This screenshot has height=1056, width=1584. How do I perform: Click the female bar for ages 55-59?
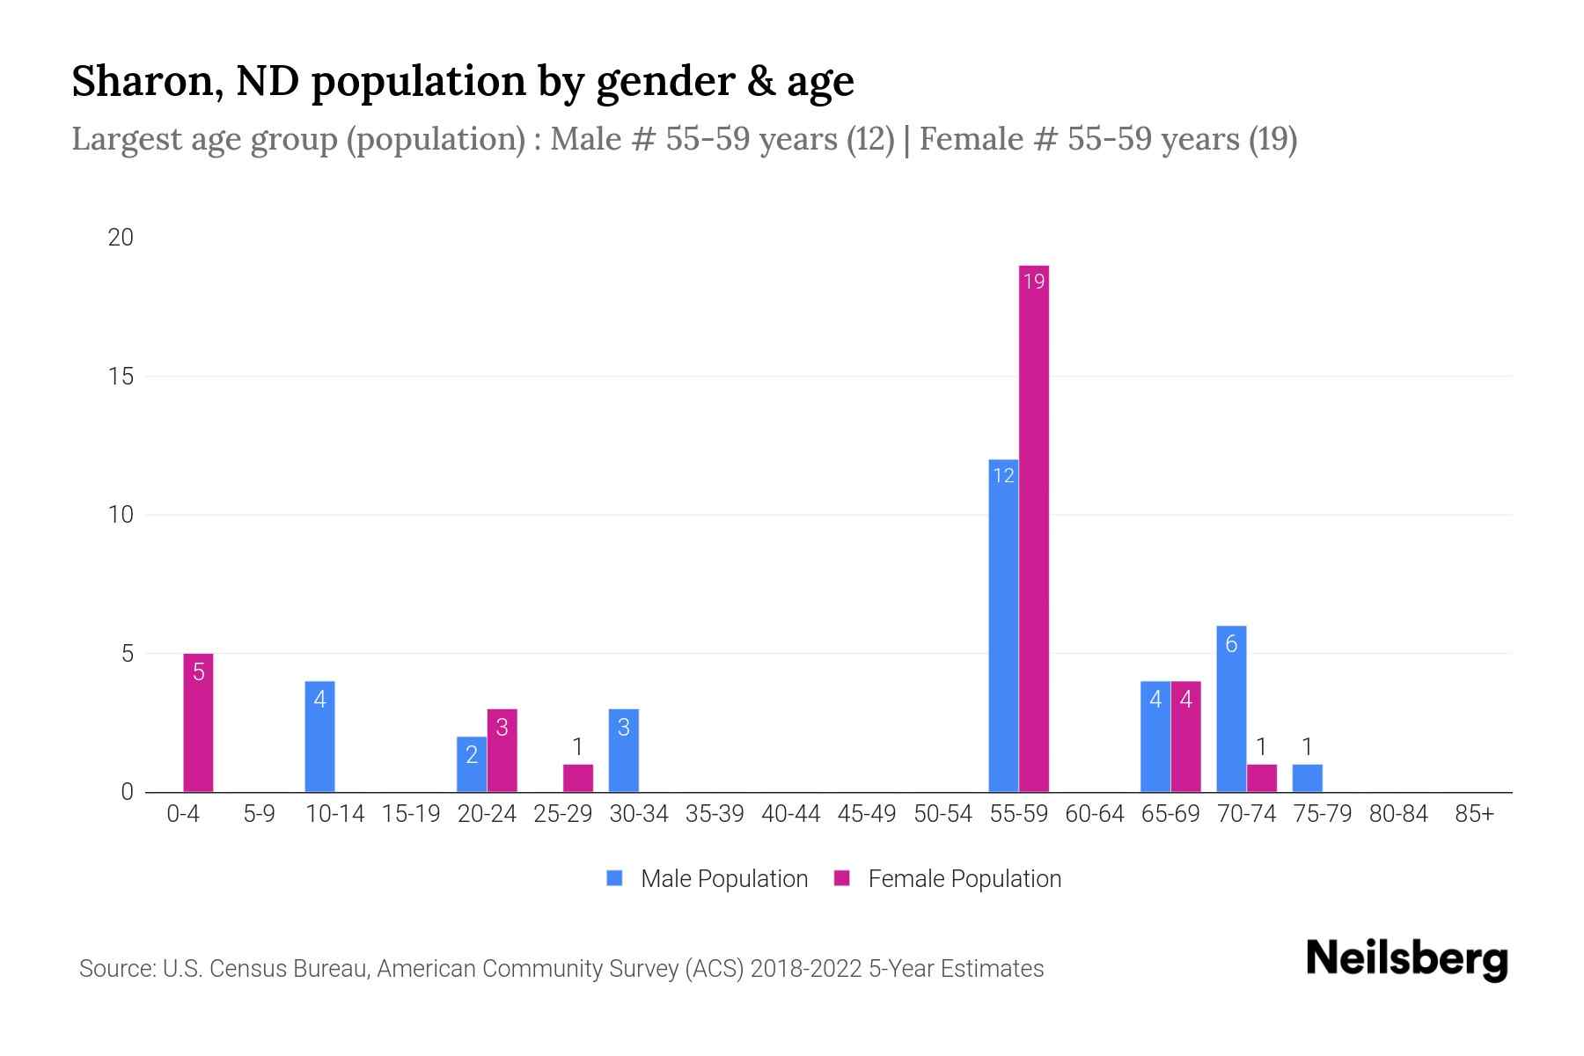[x=1033, y=528]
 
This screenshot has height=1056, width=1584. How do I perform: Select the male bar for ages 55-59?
[x=1003, y=625]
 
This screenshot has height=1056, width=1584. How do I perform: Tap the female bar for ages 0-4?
[x=198, y=722]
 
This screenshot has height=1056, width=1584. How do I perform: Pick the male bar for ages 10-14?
[x=319, y=737]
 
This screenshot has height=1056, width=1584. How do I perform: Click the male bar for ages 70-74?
[x=1231, y=708]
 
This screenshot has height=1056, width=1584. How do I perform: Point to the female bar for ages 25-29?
[x=578, y=778]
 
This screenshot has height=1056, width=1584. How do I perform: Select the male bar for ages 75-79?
[x=1307, y=778]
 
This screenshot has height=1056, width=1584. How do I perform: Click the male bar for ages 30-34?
[x=623, y=750]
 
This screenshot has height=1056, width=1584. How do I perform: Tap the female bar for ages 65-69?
[x=1185, y=737]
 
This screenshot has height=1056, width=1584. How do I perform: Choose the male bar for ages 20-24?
[x=472, y=764]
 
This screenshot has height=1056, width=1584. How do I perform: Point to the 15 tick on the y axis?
[x=121, y=377]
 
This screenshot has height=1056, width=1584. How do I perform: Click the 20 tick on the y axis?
[x=121, y=238]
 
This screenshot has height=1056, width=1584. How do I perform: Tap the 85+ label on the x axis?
[x=1474, y=814]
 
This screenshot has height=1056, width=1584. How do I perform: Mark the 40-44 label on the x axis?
[x=790, y=814]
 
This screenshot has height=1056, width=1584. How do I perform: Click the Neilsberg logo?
[x=1406, y=958]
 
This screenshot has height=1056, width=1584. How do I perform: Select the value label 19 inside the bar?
[x=1034, y=282]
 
